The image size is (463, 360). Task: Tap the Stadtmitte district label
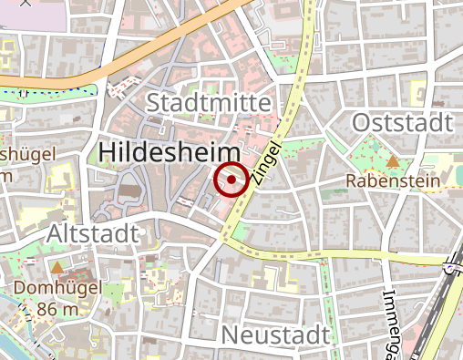pos(209,101)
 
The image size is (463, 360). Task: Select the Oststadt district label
pos(401,122)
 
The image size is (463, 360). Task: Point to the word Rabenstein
pos(393,181)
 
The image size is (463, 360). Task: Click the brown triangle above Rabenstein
pos(393,161)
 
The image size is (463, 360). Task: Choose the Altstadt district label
pos(94,233)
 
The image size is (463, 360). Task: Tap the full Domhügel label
pos(58,289)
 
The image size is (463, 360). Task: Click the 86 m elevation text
pos(58,309)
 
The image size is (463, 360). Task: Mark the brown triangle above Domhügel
pos(58,268)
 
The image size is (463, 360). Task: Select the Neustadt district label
pos(275,334)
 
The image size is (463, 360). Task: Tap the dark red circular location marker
pos(231,180)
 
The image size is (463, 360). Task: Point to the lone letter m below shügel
pos(6,175)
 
